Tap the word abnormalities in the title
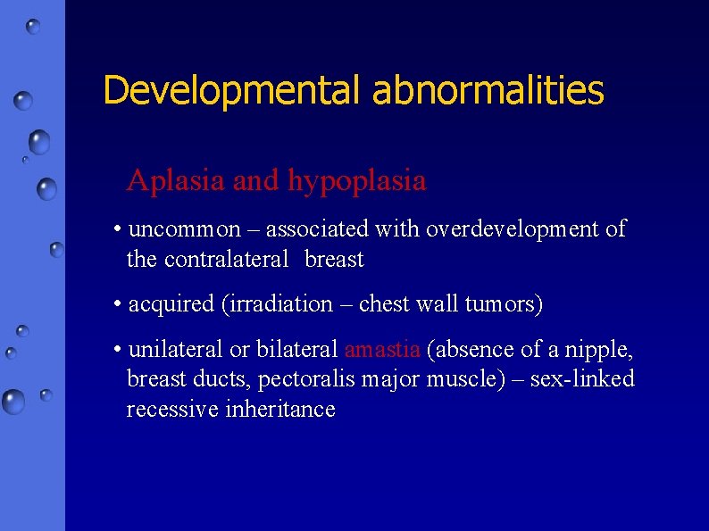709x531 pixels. [x=488, y=91]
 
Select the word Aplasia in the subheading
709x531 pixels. [x=176, y=181]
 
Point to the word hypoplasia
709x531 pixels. [x=356, y=182]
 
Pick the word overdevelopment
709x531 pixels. [x=513, y=229]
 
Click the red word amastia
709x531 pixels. [x=381, y=349]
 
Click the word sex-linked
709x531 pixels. [x=582, y=379]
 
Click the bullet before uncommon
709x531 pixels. [x=119, y=229]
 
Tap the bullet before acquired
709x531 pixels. [x=119, y=304]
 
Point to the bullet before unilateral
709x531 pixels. [x=119, y=349]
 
